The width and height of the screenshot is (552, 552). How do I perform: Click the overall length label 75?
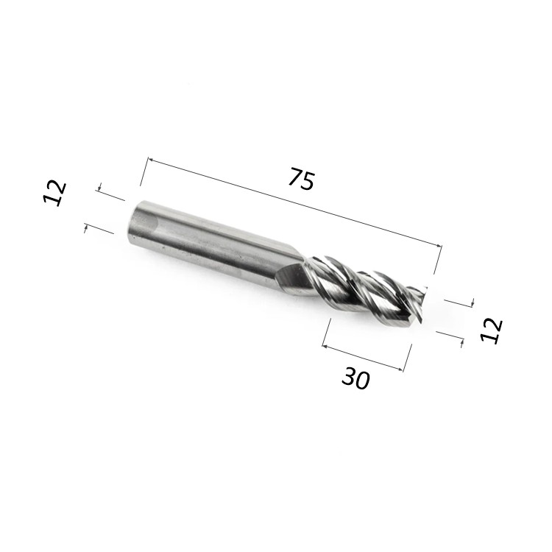[x=301, y=179]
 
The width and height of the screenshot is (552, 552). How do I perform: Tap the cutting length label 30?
[x=355, y=378]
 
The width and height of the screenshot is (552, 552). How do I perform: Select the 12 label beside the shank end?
[x=54, y=193]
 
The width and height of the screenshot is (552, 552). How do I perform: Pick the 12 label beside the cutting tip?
[x=492, y=330]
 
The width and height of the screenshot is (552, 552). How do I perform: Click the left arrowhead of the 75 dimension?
[x=151, y=160]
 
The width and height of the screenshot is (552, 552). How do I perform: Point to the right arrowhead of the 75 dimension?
[x=438, y=245]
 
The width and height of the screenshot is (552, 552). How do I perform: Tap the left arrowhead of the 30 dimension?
[x=325, y=347]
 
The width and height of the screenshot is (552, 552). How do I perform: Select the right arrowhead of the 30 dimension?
[x=400, y=369]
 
